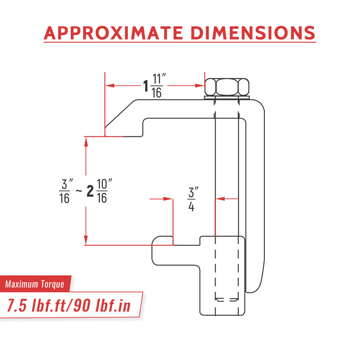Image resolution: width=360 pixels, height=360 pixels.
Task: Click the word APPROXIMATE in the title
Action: click(114, 32)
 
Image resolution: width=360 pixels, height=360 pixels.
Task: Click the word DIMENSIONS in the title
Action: click(253, 32)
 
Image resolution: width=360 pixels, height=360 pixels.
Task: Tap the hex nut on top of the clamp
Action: click(227, 87)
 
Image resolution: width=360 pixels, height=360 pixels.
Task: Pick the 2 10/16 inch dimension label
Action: click(99, 191)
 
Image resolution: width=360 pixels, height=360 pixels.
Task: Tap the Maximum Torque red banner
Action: click(35, 284)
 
